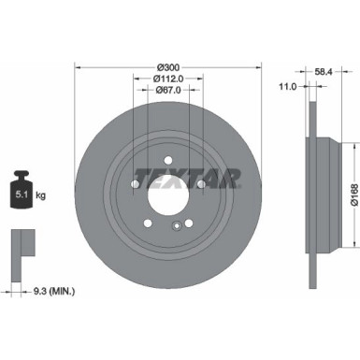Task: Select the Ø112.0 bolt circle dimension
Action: (168, 79)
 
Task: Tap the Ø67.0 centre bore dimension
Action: (168, 91)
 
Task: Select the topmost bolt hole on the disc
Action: (168, 159)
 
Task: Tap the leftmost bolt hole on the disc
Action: (136, 186)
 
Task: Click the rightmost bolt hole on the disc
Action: (201, 186)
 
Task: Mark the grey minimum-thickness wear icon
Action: (20, 245)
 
